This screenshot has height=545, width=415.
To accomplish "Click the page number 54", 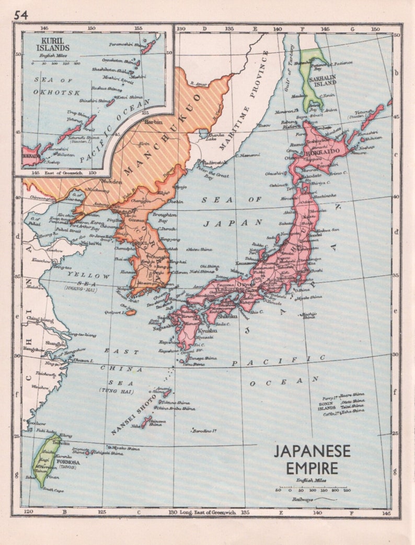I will click(21, 15).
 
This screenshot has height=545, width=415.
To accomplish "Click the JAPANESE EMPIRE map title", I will click(312, 459).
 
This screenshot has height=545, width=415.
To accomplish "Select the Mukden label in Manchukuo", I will click(113, 182).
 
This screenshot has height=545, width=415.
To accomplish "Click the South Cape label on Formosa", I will click(54, 490).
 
